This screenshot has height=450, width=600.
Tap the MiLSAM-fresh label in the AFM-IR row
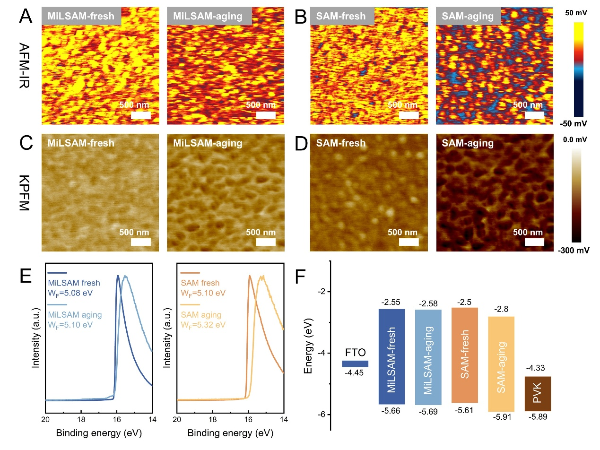click(x=81, y=17)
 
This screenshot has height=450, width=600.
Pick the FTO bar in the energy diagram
click(x=355, y=363)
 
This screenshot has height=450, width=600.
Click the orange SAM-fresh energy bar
click(x=465, y=355)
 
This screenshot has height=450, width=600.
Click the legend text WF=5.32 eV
click(x=204, y=324)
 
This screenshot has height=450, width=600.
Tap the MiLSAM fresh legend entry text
click(x=73, y=283)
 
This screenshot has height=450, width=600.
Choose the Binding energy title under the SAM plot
click(x=230, y=432)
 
